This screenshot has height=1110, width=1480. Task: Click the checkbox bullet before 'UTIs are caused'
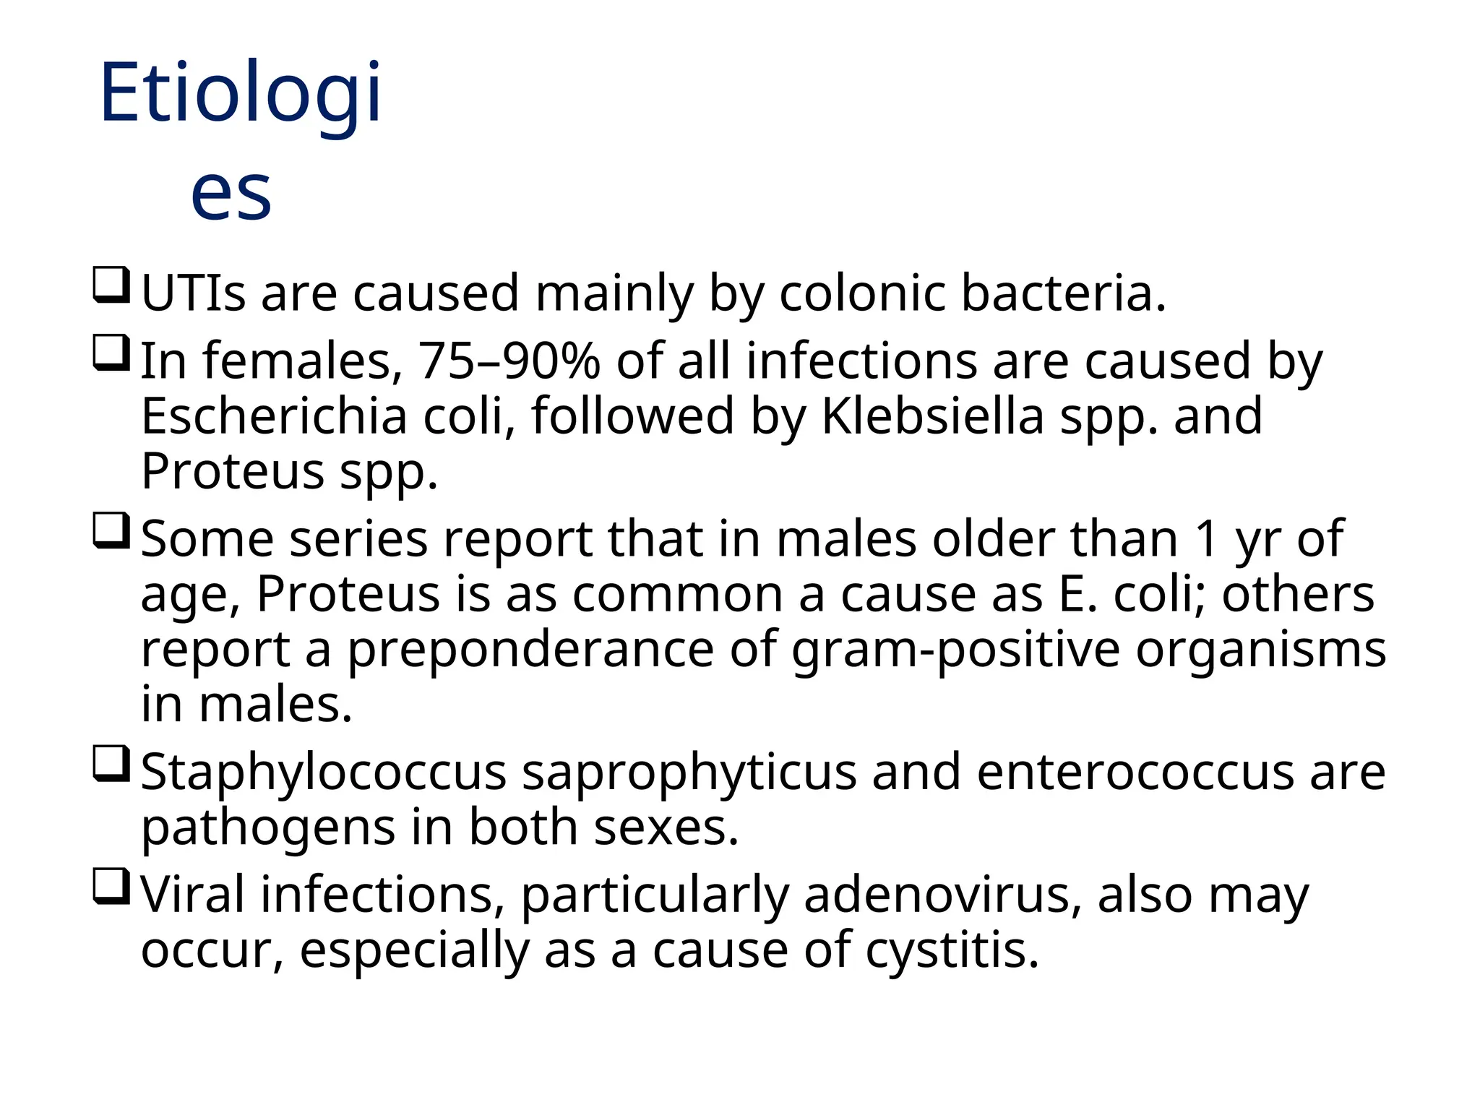click(111, 286)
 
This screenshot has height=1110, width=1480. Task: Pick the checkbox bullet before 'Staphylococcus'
click(111, 765)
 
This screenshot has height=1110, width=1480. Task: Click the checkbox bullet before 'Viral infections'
click(111, 887)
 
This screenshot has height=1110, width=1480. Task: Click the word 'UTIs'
click(193, 293)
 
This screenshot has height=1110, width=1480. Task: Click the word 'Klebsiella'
click(933, 416)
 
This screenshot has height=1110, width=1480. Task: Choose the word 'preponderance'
click(531, 649)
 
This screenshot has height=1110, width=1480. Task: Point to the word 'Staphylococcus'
click(323, 772)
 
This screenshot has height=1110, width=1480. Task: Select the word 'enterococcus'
click(1135, 772)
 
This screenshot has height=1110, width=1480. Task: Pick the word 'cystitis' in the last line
click(952, 950)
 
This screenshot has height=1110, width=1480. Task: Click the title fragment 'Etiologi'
click(241, 94)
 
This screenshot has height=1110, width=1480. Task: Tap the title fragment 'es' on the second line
click(231, 192)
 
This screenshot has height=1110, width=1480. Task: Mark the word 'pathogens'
click(268, 828)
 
